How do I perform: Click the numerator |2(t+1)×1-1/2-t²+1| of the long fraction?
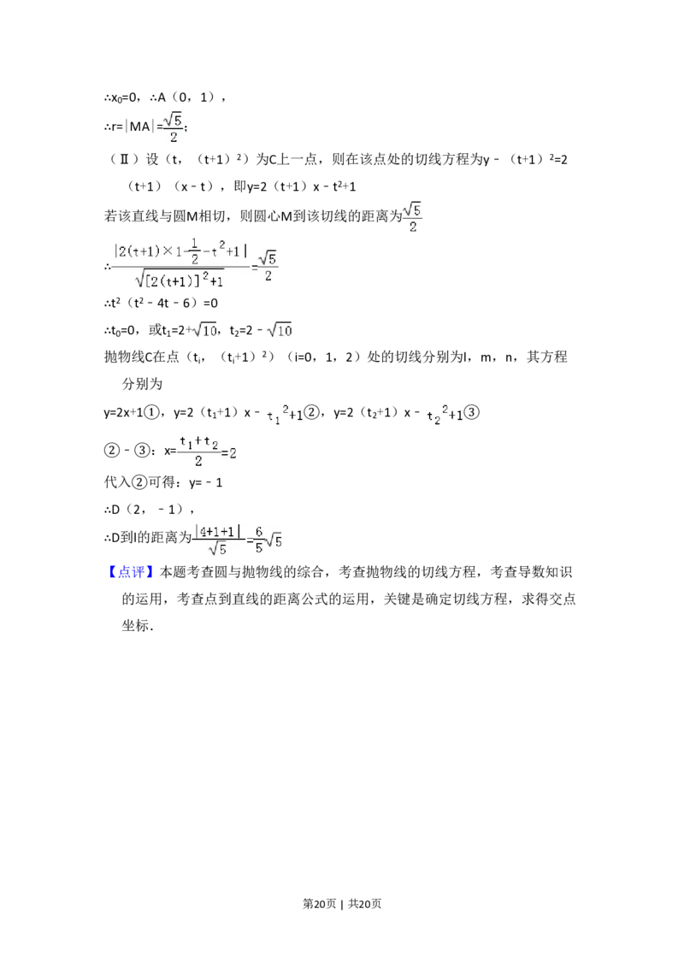point(181,251)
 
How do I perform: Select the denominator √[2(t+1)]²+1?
point(180,280)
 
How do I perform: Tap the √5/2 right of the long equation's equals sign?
point(268,266)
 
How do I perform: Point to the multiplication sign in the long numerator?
point(169,251)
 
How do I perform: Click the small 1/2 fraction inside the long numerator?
point(194,251)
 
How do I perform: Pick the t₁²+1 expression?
point(284,415)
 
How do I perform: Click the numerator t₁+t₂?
point(198,442)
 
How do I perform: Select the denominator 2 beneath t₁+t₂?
point(198,462)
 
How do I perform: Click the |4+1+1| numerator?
point(217,531)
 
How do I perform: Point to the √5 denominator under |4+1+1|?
point(218,550)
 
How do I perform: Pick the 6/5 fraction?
point(258,540)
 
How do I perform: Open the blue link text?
point(133,571)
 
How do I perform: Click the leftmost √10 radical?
point(206,329)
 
